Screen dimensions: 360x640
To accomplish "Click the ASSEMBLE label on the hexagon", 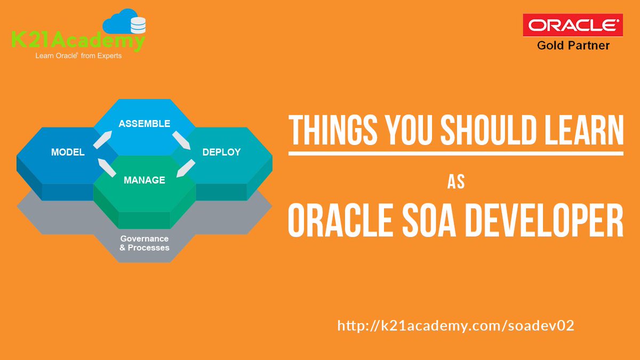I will [144, 124].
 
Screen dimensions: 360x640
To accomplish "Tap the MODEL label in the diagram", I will [68, 153].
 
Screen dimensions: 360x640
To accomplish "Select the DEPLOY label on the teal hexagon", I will [221, 153].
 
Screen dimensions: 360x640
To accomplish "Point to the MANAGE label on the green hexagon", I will [144, 180].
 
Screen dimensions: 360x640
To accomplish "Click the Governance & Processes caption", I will [145, 243].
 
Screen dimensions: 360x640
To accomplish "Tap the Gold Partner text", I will [573, 46].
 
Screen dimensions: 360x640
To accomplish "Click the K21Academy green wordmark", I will [77, 41].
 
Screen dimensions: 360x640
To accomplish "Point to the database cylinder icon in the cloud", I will [138, 26].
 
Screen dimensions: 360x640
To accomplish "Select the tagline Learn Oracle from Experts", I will [78, 55].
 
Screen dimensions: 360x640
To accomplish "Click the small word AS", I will [456, 182].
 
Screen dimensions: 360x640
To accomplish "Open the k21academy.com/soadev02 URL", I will [455, 326].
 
